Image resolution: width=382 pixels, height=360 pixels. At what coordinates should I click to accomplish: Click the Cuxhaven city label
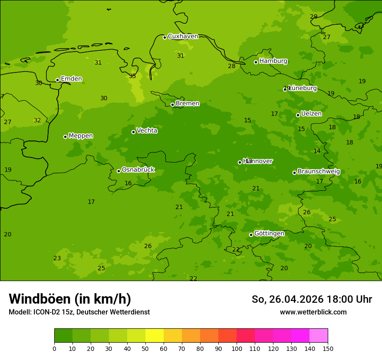(x=183, y=36)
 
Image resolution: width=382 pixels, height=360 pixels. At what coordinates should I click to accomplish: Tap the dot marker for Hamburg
(x=256, y=62)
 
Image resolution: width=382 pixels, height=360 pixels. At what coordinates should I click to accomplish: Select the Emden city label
(x=71, y=79)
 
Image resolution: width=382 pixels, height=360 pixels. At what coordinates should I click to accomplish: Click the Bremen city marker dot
(x=172, y=105)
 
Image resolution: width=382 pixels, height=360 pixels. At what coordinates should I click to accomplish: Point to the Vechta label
(x=147, y=131)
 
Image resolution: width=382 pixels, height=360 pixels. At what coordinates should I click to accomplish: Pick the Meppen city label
(x=81, y=136)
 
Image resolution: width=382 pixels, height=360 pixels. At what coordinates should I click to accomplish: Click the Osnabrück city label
(x=138, y=170)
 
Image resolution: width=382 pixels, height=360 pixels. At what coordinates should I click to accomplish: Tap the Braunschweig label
(x=319, y=171)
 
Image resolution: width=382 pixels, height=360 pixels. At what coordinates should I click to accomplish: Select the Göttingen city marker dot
(x=251, y=235)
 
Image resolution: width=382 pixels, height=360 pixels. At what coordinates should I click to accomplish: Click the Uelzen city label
(x=311, y=114)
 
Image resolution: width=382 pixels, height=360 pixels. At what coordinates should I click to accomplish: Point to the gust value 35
(x=132, y=76)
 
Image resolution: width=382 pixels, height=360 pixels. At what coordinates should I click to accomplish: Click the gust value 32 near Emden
(x=37, y=121)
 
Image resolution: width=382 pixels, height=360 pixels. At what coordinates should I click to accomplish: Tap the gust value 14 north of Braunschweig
(x=317, y=151)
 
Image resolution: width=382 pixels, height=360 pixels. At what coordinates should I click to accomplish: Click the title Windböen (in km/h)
(x=70, y=299)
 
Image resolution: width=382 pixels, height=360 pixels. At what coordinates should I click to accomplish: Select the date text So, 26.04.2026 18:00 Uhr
(x=312, y=299)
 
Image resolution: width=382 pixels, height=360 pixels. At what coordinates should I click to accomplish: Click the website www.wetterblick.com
(x=313, y=312)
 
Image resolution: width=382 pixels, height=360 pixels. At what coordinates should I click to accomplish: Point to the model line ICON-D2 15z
(x=79, y=312)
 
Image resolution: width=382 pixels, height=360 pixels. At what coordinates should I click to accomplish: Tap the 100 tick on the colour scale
(x=237, y=348)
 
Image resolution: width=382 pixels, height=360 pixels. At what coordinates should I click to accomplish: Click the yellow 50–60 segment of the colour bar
(x=155, y=336)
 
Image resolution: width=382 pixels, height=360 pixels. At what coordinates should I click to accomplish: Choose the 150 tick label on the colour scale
(x=328, y=348)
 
